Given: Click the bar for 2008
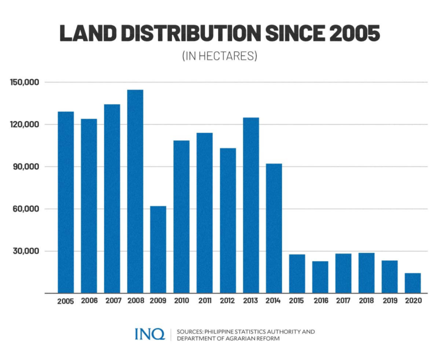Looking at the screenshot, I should pos(135,191).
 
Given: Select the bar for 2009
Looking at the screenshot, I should pos(158,249).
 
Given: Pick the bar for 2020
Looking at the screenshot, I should pos(413,283).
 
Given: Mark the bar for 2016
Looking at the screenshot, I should pos(320,277).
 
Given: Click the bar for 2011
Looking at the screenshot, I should pos(205,213).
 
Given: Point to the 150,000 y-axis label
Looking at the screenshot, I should pos(24,82).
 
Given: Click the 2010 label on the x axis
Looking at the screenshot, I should pos(181,301).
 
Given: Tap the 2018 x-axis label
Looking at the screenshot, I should pos(366,301).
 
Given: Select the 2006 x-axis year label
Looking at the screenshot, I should pos(89,301).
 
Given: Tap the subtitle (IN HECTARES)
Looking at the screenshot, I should pos(219,56).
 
